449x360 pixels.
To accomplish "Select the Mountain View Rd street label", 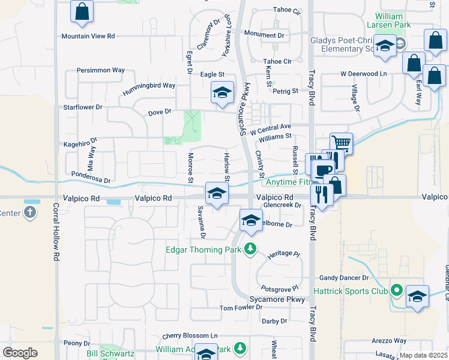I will [88, 36].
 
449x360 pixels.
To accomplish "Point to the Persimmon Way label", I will [101, 70].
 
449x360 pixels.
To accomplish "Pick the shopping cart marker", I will [340, 143].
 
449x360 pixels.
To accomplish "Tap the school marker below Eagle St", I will [222, 94].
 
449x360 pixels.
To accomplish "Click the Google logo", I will [20, 353].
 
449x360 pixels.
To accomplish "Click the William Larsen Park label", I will [402, 20].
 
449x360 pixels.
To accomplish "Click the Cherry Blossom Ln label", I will [191, 335].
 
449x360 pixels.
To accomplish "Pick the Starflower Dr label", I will [83, 107].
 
